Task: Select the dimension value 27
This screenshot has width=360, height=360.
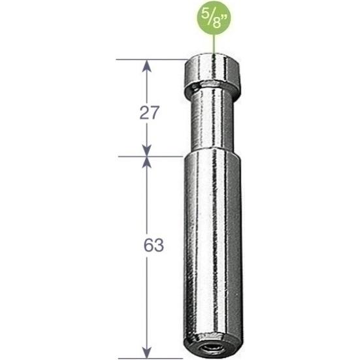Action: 150,113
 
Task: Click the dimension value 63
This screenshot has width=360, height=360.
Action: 150,247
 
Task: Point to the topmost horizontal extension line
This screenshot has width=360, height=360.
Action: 150,59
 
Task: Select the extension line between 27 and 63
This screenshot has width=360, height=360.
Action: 150,157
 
